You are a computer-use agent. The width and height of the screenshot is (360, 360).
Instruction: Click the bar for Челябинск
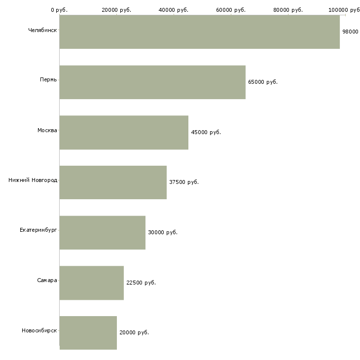[200, 32]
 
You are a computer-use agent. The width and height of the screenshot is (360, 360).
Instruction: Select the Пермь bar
[152, 82]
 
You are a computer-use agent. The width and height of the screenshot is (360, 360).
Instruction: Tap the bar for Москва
[124, 133]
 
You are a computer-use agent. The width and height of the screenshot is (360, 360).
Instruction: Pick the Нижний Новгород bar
[113, 182]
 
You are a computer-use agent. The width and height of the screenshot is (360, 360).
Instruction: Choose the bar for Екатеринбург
[103, 233]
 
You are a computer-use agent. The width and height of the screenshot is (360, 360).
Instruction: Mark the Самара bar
[92, 283]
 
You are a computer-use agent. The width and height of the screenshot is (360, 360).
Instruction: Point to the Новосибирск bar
[88, 333]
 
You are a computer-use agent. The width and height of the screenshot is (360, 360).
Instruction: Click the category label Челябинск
[42, 30]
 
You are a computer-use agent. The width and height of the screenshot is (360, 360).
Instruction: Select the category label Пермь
[48, 79]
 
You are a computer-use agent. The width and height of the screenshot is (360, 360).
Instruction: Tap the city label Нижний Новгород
[33, 180]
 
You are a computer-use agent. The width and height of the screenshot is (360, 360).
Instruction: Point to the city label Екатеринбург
[38, 230]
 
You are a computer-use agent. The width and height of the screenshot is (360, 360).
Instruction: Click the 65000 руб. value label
[263, 82]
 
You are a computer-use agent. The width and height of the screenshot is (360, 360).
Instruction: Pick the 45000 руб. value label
[206, 132]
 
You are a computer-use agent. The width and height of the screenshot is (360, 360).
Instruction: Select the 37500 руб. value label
[184, 182]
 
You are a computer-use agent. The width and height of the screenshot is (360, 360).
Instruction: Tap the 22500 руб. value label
[141, 283]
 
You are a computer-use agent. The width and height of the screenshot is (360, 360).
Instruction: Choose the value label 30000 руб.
[163, 232]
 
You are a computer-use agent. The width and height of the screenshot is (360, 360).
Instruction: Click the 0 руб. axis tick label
[59, 10]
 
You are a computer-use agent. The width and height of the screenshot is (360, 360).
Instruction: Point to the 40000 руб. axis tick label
[173, 10]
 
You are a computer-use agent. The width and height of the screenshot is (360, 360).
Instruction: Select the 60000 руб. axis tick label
[231, 10]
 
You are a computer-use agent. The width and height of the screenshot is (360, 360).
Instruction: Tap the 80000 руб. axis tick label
[288, 10]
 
